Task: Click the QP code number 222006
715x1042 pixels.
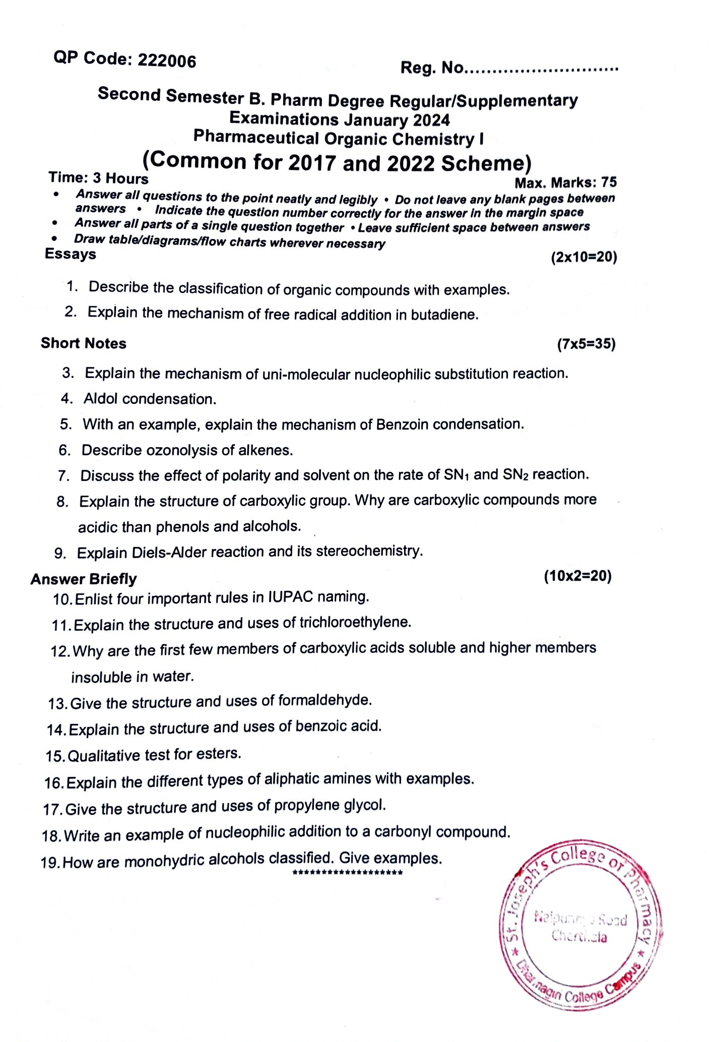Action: [167, 60]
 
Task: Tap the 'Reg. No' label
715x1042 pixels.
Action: [431, 67]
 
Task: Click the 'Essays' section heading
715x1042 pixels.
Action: [71, 254]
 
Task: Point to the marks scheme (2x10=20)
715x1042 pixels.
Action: [584, 257]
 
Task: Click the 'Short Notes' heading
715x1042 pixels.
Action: [84, 343]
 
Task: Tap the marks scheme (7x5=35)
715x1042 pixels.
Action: [586, 344]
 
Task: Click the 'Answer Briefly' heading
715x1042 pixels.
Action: [84, 579]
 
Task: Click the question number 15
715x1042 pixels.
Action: [55, 756]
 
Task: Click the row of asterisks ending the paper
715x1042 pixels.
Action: [347, 873]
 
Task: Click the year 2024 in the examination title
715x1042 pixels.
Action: [431, 120]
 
